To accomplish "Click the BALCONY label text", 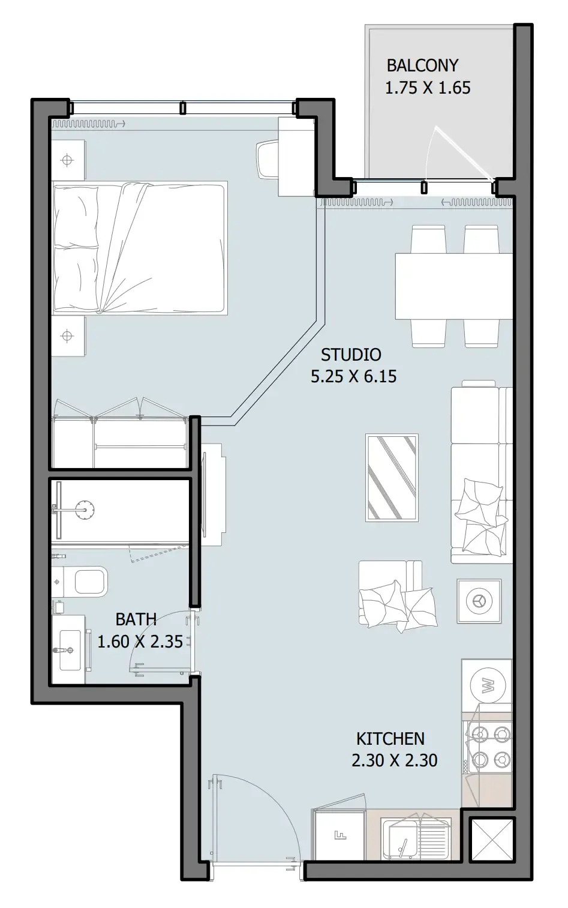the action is click(423, 65).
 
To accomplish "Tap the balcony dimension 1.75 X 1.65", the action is click(428, 88).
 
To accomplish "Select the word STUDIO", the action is click(351, 355).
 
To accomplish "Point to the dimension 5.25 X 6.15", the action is click(354, 376).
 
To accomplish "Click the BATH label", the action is click(136, 619).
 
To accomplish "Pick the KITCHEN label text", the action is click(390, 739).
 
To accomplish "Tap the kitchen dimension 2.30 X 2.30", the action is click(395, 760).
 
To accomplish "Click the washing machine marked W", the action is click(488, 685).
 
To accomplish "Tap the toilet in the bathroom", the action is click(80, 582).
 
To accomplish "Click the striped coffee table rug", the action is click(392, 478).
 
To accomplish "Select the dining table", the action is click(454, 287).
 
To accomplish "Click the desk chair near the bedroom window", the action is click(268, 159).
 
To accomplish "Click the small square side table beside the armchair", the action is click(479, 601).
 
